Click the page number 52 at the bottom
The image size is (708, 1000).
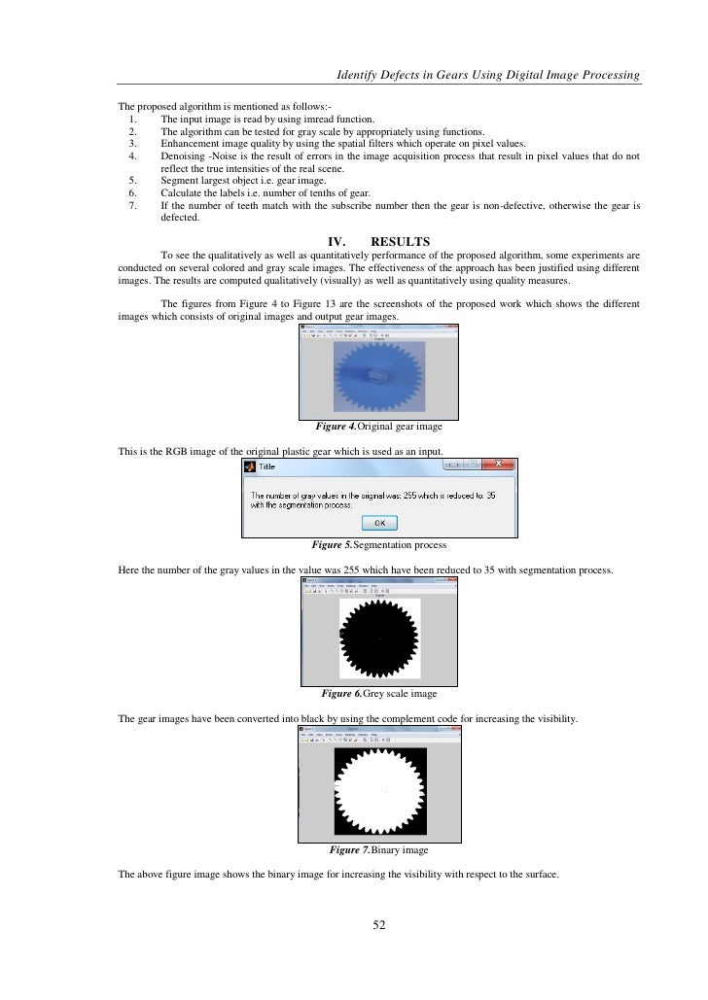pos(380,924)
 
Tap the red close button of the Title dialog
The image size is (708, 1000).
pos(498,466)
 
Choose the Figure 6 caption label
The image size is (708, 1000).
pos(341,694)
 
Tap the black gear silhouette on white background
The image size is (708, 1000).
pos(379,638)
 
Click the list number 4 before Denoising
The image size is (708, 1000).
pos(131,155)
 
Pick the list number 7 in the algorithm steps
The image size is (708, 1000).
pos(131,206)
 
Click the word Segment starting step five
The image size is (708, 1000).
pos(179,181)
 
